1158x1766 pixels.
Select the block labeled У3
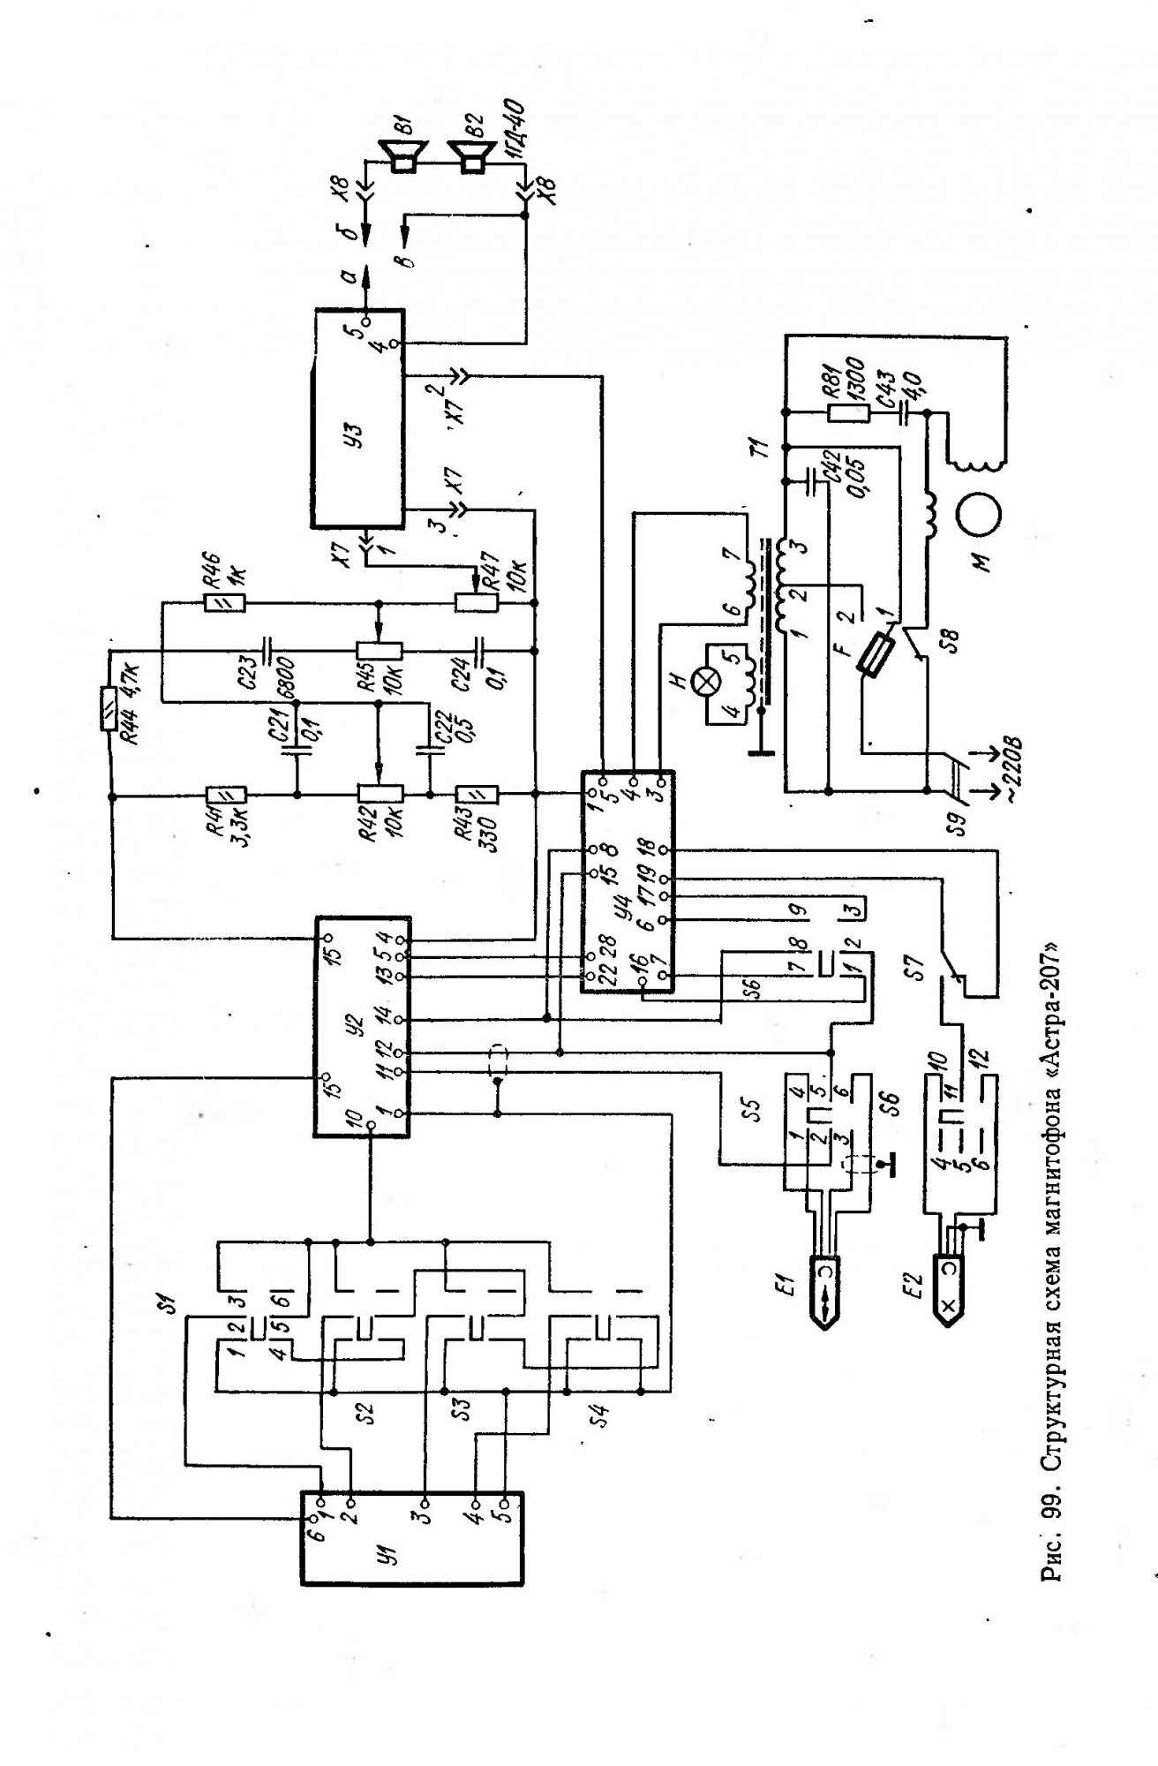point(357,419)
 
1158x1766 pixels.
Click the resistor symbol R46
point(226,604)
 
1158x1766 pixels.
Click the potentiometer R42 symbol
point(380,796)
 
